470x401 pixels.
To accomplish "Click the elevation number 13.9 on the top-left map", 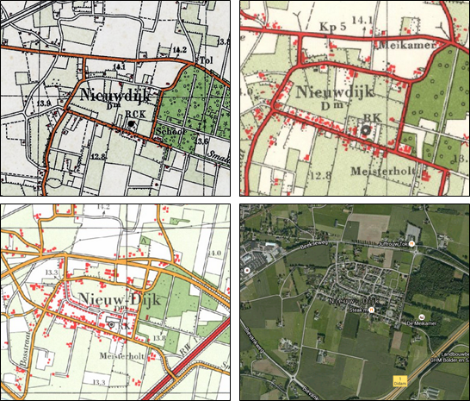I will point(45,102).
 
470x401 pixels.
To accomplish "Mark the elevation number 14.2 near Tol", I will point(180,51).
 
